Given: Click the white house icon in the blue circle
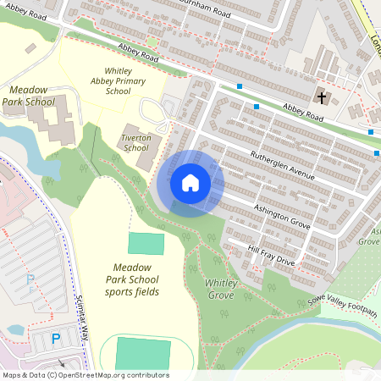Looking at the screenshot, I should pos(190,182).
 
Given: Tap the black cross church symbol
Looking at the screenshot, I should pos(321,97).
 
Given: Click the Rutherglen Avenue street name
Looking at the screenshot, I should pos(282,165).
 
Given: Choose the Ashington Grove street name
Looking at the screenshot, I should pos(282,218).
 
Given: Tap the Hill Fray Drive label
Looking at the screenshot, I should pos(271,256).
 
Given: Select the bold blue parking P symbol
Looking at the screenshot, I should pos(56,338).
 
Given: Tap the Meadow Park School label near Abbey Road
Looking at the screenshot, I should pos(31,95).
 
